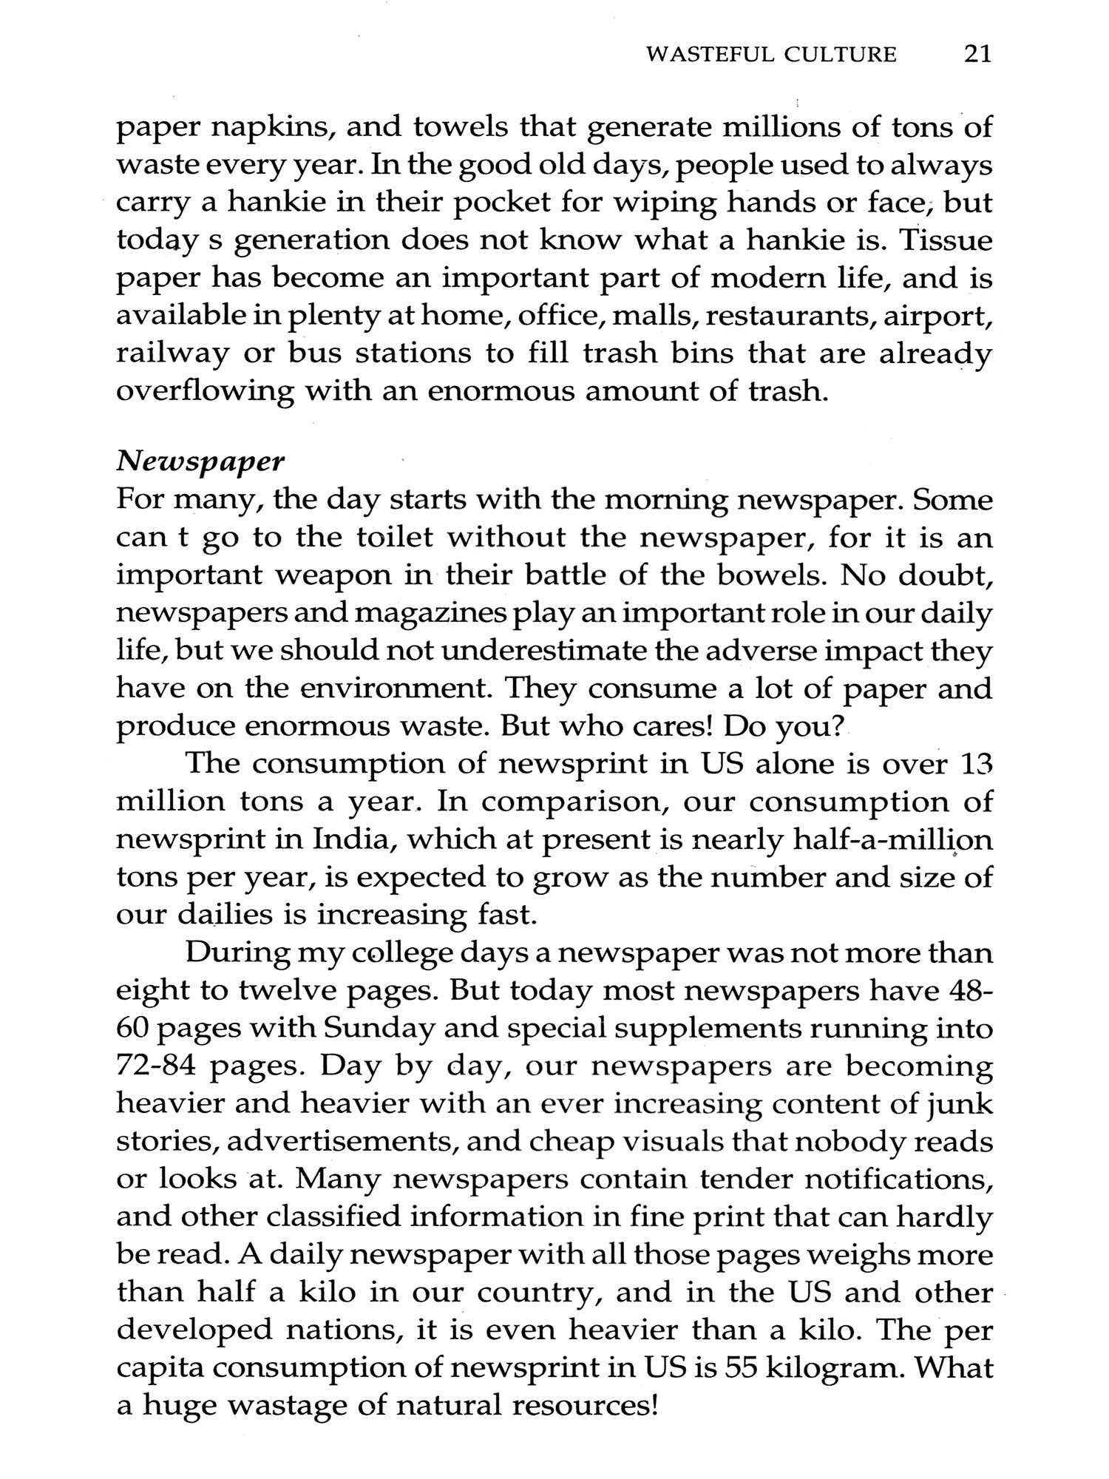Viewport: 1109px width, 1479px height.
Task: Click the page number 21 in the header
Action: point(977,54)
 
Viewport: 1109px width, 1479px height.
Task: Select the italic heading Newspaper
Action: point(200,462)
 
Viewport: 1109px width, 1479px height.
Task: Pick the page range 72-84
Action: point(158,1066)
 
